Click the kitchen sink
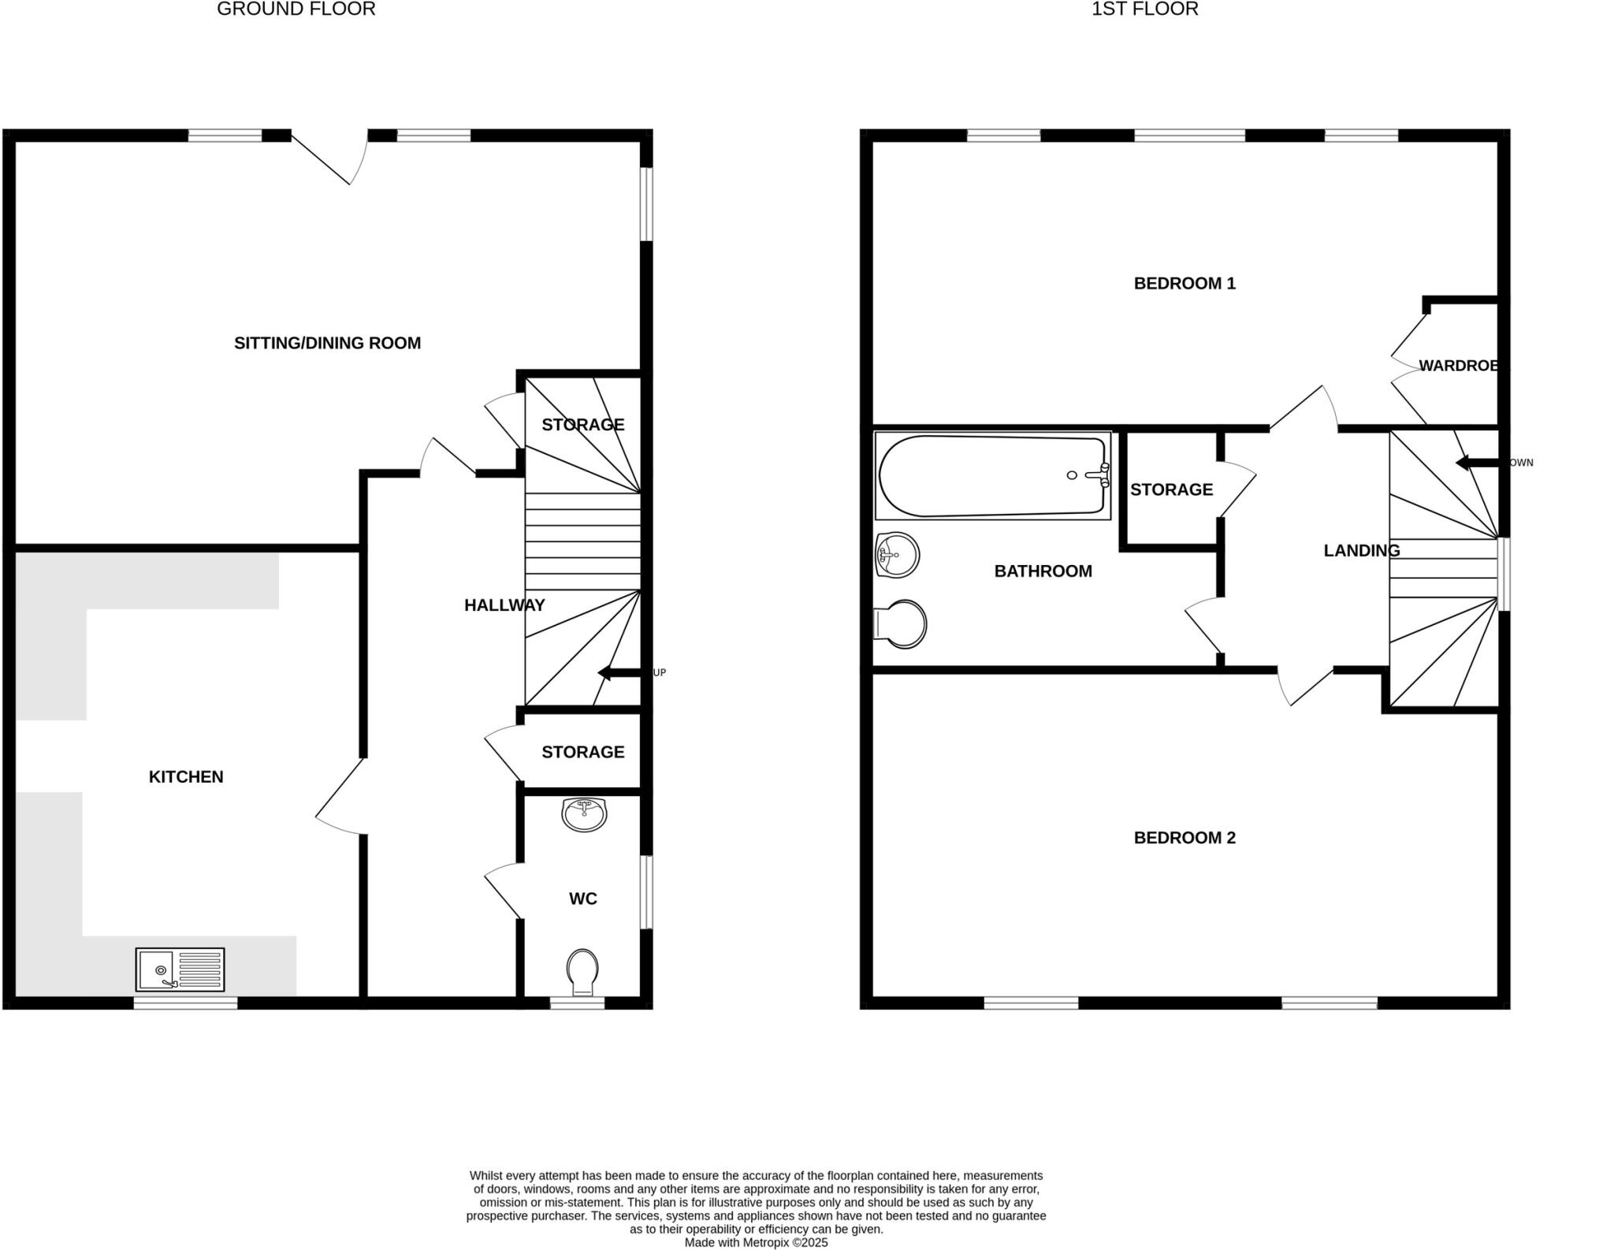tap(180, 969)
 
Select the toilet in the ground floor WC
tap(582, 971)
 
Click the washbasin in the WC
tap(584, 814)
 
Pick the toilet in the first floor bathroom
tap(902, 624)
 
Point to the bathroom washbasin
tap(897, 555)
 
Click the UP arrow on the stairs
tap(619, 672)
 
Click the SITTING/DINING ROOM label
tap(327, 343)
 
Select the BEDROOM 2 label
tap(1184, 838)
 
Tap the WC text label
tap(582, 898)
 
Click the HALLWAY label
tap(504, 605)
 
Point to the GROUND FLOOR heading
tap(296, 9)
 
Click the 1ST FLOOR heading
tap(1144, 9)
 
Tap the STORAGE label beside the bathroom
tap(1171, 489)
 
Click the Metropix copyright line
tap(756, 1243)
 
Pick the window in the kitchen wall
tap(185, 1003)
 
